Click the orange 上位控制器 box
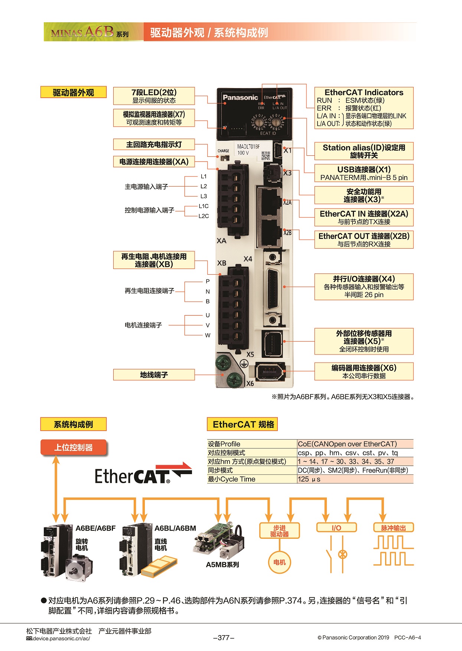pyautogui.click(x=74, y=447)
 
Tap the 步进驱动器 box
pyautogui.click(x=279, y=531)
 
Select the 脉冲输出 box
pyautogui.click(x=393, y=528)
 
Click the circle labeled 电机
pyautogui.click(x=279, y=562)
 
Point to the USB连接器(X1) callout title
pyautogui.click(x=364, y=169)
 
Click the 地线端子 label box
pyautogui.click(x=154, y=375)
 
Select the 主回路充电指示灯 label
pyautogui.click(x=154, y=145)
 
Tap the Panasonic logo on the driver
pyautogui.click(x=240, y=97)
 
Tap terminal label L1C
pyautogui.click(x=204, y=206)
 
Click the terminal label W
pyautogui.click(x=208, y=335)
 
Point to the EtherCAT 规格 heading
pyautogui.click(x=243, y=424)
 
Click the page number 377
pyautogui.click(x=224, y=638)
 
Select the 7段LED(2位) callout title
pyautogui.click(x=154, y=93)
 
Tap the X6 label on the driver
pyautogui.click(x=250, y=383)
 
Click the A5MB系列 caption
pyautogui.click(x=222, y=564)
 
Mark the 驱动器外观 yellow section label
pyautogui.click(x=74, y=93)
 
